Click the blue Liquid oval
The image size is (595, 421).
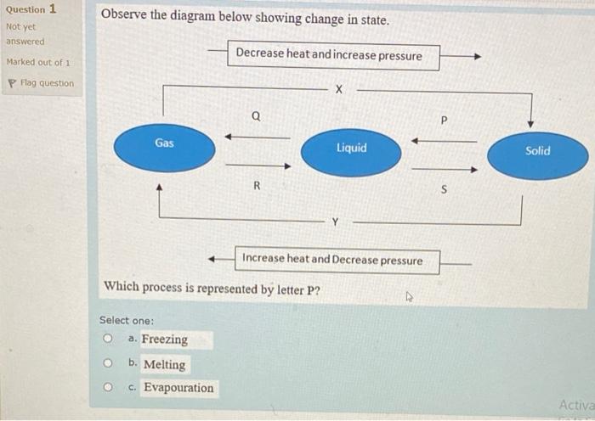(351, 151)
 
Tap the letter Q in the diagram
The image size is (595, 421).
(256, 116)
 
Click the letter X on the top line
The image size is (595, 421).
(338, 87)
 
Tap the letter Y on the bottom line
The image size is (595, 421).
(335, 222)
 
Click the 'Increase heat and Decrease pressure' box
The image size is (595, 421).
(331, 260)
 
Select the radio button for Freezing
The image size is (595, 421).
(108, 339)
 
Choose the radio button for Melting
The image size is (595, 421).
(108, 364)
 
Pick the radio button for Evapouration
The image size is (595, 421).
(108, 388)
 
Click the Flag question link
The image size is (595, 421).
(42, 83)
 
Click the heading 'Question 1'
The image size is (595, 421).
(31, 9)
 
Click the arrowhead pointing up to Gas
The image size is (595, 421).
(160, 188)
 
